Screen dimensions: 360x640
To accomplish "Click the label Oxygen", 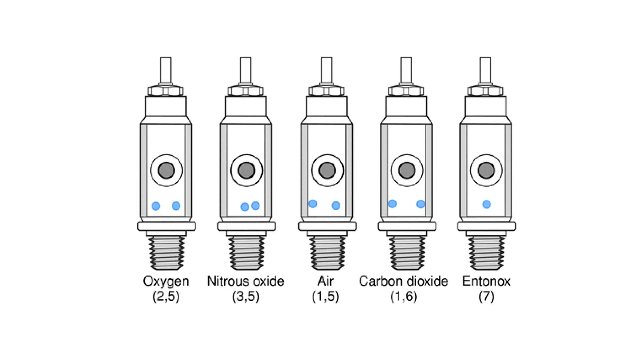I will point(166,281).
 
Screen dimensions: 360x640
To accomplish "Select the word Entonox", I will point(486,281).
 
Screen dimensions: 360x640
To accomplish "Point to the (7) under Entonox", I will point(486,296).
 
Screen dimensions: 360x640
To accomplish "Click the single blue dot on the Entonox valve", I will point(487,204).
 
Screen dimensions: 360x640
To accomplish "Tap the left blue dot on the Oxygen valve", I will point(156,206).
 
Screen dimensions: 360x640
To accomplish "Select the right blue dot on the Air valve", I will point(336,205).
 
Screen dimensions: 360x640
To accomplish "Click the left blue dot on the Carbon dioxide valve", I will point(392,204).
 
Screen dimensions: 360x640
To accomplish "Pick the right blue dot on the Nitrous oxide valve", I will point(255,205).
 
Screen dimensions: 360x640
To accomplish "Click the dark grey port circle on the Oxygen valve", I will point(166,171).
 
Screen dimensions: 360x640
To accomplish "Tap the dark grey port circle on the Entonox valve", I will point(486,171).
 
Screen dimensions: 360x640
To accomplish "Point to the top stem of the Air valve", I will point(327,70).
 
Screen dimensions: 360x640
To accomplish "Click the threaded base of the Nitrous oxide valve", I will point(246,252).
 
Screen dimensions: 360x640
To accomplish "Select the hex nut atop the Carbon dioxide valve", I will point(406,91).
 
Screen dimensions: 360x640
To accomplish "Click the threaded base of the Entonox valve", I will point(486,252).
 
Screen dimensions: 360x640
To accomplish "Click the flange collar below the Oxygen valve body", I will point(167,226).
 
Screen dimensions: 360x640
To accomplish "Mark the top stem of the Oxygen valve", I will point(166,70).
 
